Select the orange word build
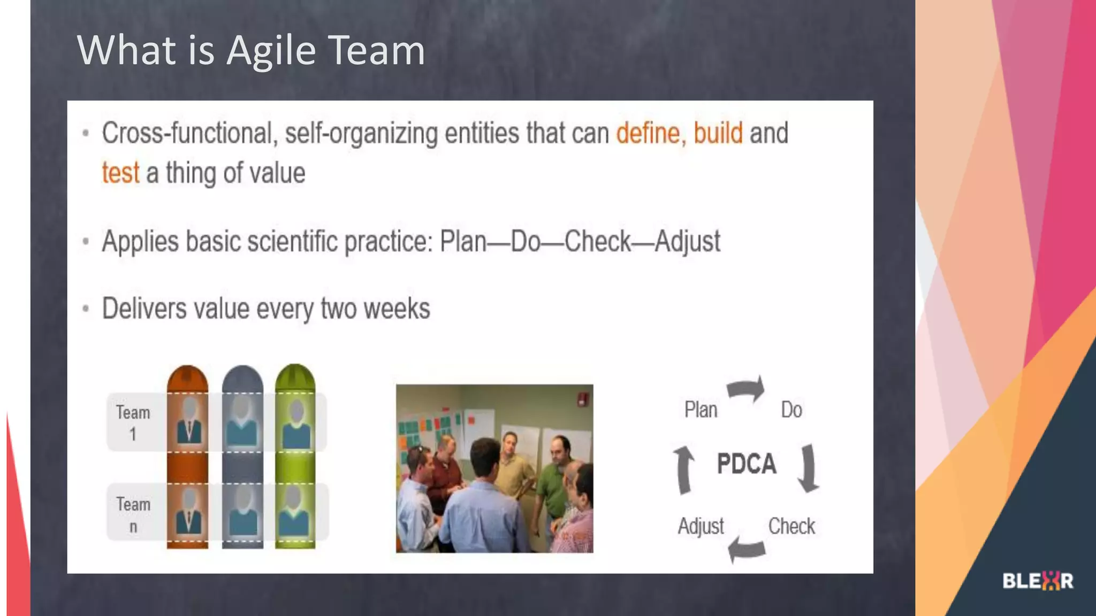click(x=718, y=133)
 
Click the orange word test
click(x=121, y=173)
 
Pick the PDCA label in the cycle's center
click(x=747, y=464)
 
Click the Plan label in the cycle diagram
click(x=701, y=410)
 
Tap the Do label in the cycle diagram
click(x=791, y=410)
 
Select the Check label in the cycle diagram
click(x=791, y=526)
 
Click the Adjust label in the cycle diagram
click(x=701, y=526)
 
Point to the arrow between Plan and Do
click(x=747, y=389)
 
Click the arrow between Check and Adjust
click(x=747, y=548)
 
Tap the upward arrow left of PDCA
click(x=683, y=469)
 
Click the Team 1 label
click(x=133, y=422)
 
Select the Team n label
click(x=133, y=514)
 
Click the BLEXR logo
click(x=1038, y=581)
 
